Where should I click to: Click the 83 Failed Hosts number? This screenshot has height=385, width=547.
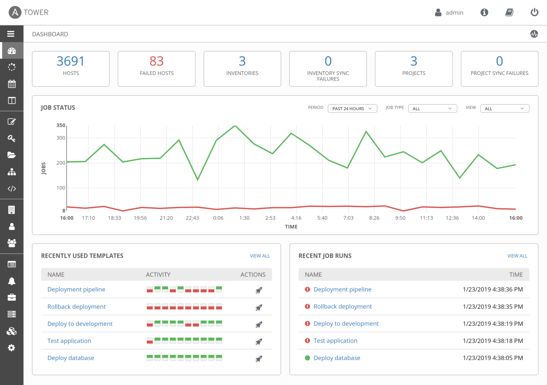[156, 61]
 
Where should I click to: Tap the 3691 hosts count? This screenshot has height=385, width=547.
[71, 61]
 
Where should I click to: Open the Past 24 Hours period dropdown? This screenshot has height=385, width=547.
[352, 109]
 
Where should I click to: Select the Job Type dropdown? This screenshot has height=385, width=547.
[432, 109]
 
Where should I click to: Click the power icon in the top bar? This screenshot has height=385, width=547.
[534, 12]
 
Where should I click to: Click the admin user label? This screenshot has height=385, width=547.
[454, 13]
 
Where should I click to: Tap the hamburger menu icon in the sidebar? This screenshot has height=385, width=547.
[11, 34]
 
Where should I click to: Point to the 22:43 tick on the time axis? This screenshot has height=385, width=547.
[192, 218]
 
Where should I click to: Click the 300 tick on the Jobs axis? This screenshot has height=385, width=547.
[61, 138]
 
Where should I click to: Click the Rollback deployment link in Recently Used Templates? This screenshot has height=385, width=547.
[77, 307]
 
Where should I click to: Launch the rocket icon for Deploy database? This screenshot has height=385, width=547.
[259, 359]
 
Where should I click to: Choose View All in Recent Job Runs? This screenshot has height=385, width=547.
[517, 256]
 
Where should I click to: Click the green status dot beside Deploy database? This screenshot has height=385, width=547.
[307, 358]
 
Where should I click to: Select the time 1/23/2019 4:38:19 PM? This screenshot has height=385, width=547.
[493, 324]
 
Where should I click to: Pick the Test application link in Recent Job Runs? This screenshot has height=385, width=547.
[335, 341]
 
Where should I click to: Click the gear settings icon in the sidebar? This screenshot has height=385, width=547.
[11, 348]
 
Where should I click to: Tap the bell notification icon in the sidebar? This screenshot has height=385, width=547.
[11, 281]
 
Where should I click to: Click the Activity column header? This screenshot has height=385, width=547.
[158, 275]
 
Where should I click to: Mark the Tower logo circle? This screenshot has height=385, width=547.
[15, 12]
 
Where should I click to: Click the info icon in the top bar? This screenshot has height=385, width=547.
[484, 12]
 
